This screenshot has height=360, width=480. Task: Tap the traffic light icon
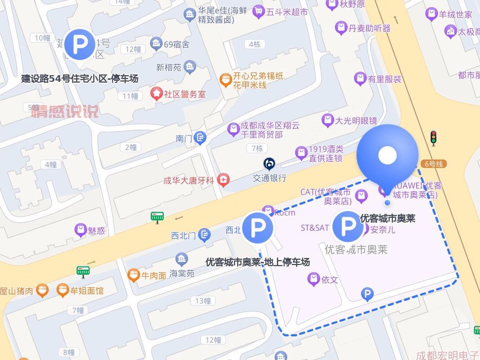(x=433, y=138)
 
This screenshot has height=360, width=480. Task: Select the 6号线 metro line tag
(x=433, y=164)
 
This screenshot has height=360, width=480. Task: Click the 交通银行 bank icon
(x=269, y=163)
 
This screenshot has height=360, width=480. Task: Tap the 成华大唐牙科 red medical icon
(x=223, y=180)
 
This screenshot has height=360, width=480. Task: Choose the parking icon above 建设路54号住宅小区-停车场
(x=80, y=44)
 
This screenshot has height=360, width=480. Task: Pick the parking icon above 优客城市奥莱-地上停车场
(x=258, y=228)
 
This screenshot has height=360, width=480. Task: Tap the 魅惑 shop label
(x=96, y=230)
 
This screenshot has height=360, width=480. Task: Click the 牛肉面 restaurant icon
(x=134, y=275)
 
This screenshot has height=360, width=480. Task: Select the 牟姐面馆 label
(x=87, y=291)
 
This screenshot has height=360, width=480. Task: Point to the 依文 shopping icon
(x=314, y=279)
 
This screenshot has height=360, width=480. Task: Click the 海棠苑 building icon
(x=182, y=259)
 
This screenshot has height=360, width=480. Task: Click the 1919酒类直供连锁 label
(x=326, y=153)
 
